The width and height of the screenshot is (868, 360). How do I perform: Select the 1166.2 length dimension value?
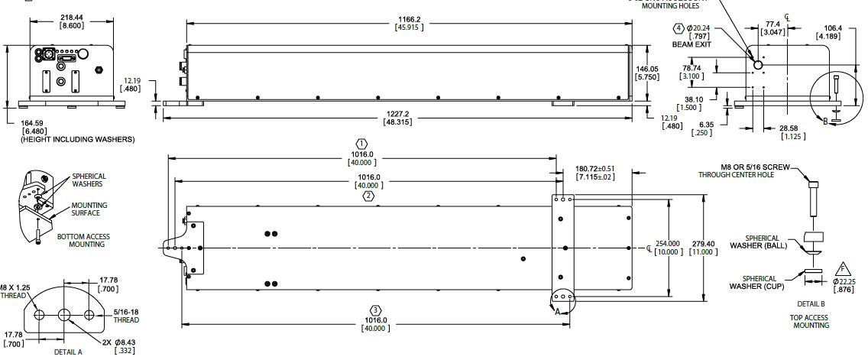coord(409,19)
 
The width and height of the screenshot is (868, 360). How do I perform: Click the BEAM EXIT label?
coord(691,45)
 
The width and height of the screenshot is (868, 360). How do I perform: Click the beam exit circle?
coord(758,65)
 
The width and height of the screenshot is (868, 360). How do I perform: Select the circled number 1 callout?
coord(362,144)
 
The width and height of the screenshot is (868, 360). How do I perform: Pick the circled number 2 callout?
coord(368,196)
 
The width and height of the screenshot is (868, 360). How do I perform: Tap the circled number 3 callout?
coord(375,310)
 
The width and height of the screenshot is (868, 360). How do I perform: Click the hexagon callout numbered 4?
coord(679,28)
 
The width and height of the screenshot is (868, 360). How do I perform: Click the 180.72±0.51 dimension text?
coord(595,169)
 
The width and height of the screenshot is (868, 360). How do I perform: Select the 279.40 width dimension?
coord(702,244)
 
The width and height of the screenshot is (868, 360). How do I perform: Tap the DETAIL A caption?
coord(68,352)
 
